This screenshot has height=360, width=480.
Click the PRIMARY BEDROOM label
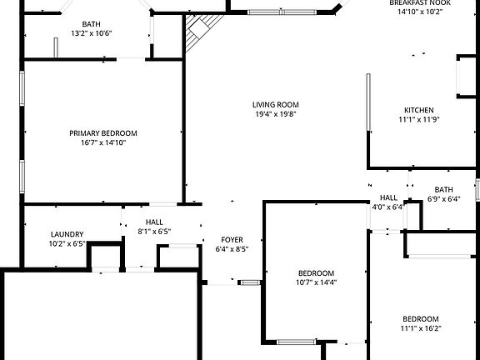click(103, 133)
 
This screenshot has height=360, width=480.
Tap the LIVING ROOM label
click(276, 105)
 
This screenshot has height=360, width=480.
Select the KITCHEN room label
click(419, 110)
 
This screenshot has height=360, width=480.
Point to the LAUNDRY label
click(67, 234)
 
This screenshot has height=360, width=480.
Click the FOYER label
click(232, 239)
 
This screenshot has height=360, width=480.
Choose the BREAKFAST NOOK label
click(420, 3)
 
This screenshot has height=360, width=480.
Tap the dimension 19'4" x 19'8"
click(276, 114)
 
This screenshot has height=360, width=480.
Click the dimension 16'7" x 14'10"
click(103, 142)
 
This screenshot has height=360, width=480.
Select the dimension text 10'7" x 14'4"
click(316, 282)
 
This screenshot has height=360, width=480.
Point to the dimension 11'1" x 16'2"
click(421, 328)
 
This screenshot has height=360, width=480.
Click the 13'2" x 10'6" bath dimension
click(91, 33)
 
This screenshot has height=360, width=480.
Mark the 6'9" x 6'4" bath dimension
click(444, 199)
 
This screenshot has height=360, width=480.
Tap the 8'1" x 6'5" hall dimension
click(154, 232)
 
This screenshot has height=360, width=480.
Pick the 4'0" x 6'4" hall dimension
click(388, 207)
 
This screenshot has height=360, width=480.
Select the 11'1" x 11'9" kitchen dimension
click(419, 119)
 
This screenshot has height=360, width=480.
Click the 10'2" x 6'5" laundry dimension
click(67, 243)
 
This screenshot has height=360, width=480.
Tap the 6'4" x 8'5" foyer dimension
click(232, 249)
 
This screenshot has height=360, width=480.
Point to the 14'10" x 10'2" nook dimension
click(420, 12)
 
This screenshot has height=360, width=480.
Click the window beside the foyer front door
click(250, 282)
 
